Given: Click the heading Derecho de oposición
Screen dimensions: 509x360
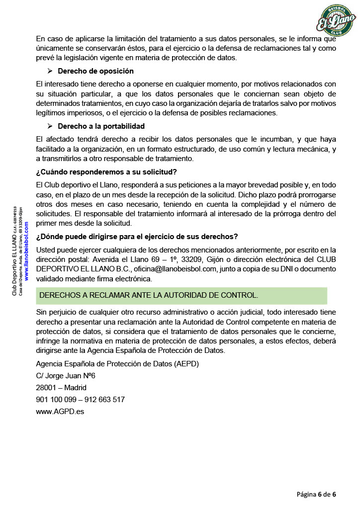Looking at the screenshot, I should pos(95,71).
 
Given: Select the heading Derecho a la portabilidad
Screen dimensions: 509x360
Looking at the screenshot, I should pos(101,126).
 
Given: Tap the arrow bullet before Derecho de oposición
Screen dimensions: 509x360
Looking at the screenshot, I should pos(50,71).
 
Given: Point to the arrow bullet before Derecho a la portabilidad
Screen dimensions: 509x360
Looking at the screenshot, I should pos(50,126).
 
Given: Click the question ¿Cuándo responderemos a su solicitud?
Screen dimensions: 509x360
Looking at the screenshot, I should pos(106,172).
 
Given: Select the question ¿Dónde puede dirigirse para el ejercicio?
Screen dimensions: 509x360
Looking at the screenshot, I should pos(137,236).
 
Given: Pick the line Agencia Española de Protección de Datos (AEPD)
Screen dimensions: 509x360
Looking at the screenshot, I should pos(117,364).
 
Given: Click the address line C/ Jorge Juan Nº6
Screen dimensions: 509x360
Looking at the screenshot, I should pos(66,376).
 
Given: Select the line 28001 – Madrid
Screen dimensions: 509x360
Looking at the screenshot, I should pos(61,388).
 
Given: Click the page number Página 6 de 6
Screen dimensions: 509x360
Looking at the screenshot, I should pos(317,494).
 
